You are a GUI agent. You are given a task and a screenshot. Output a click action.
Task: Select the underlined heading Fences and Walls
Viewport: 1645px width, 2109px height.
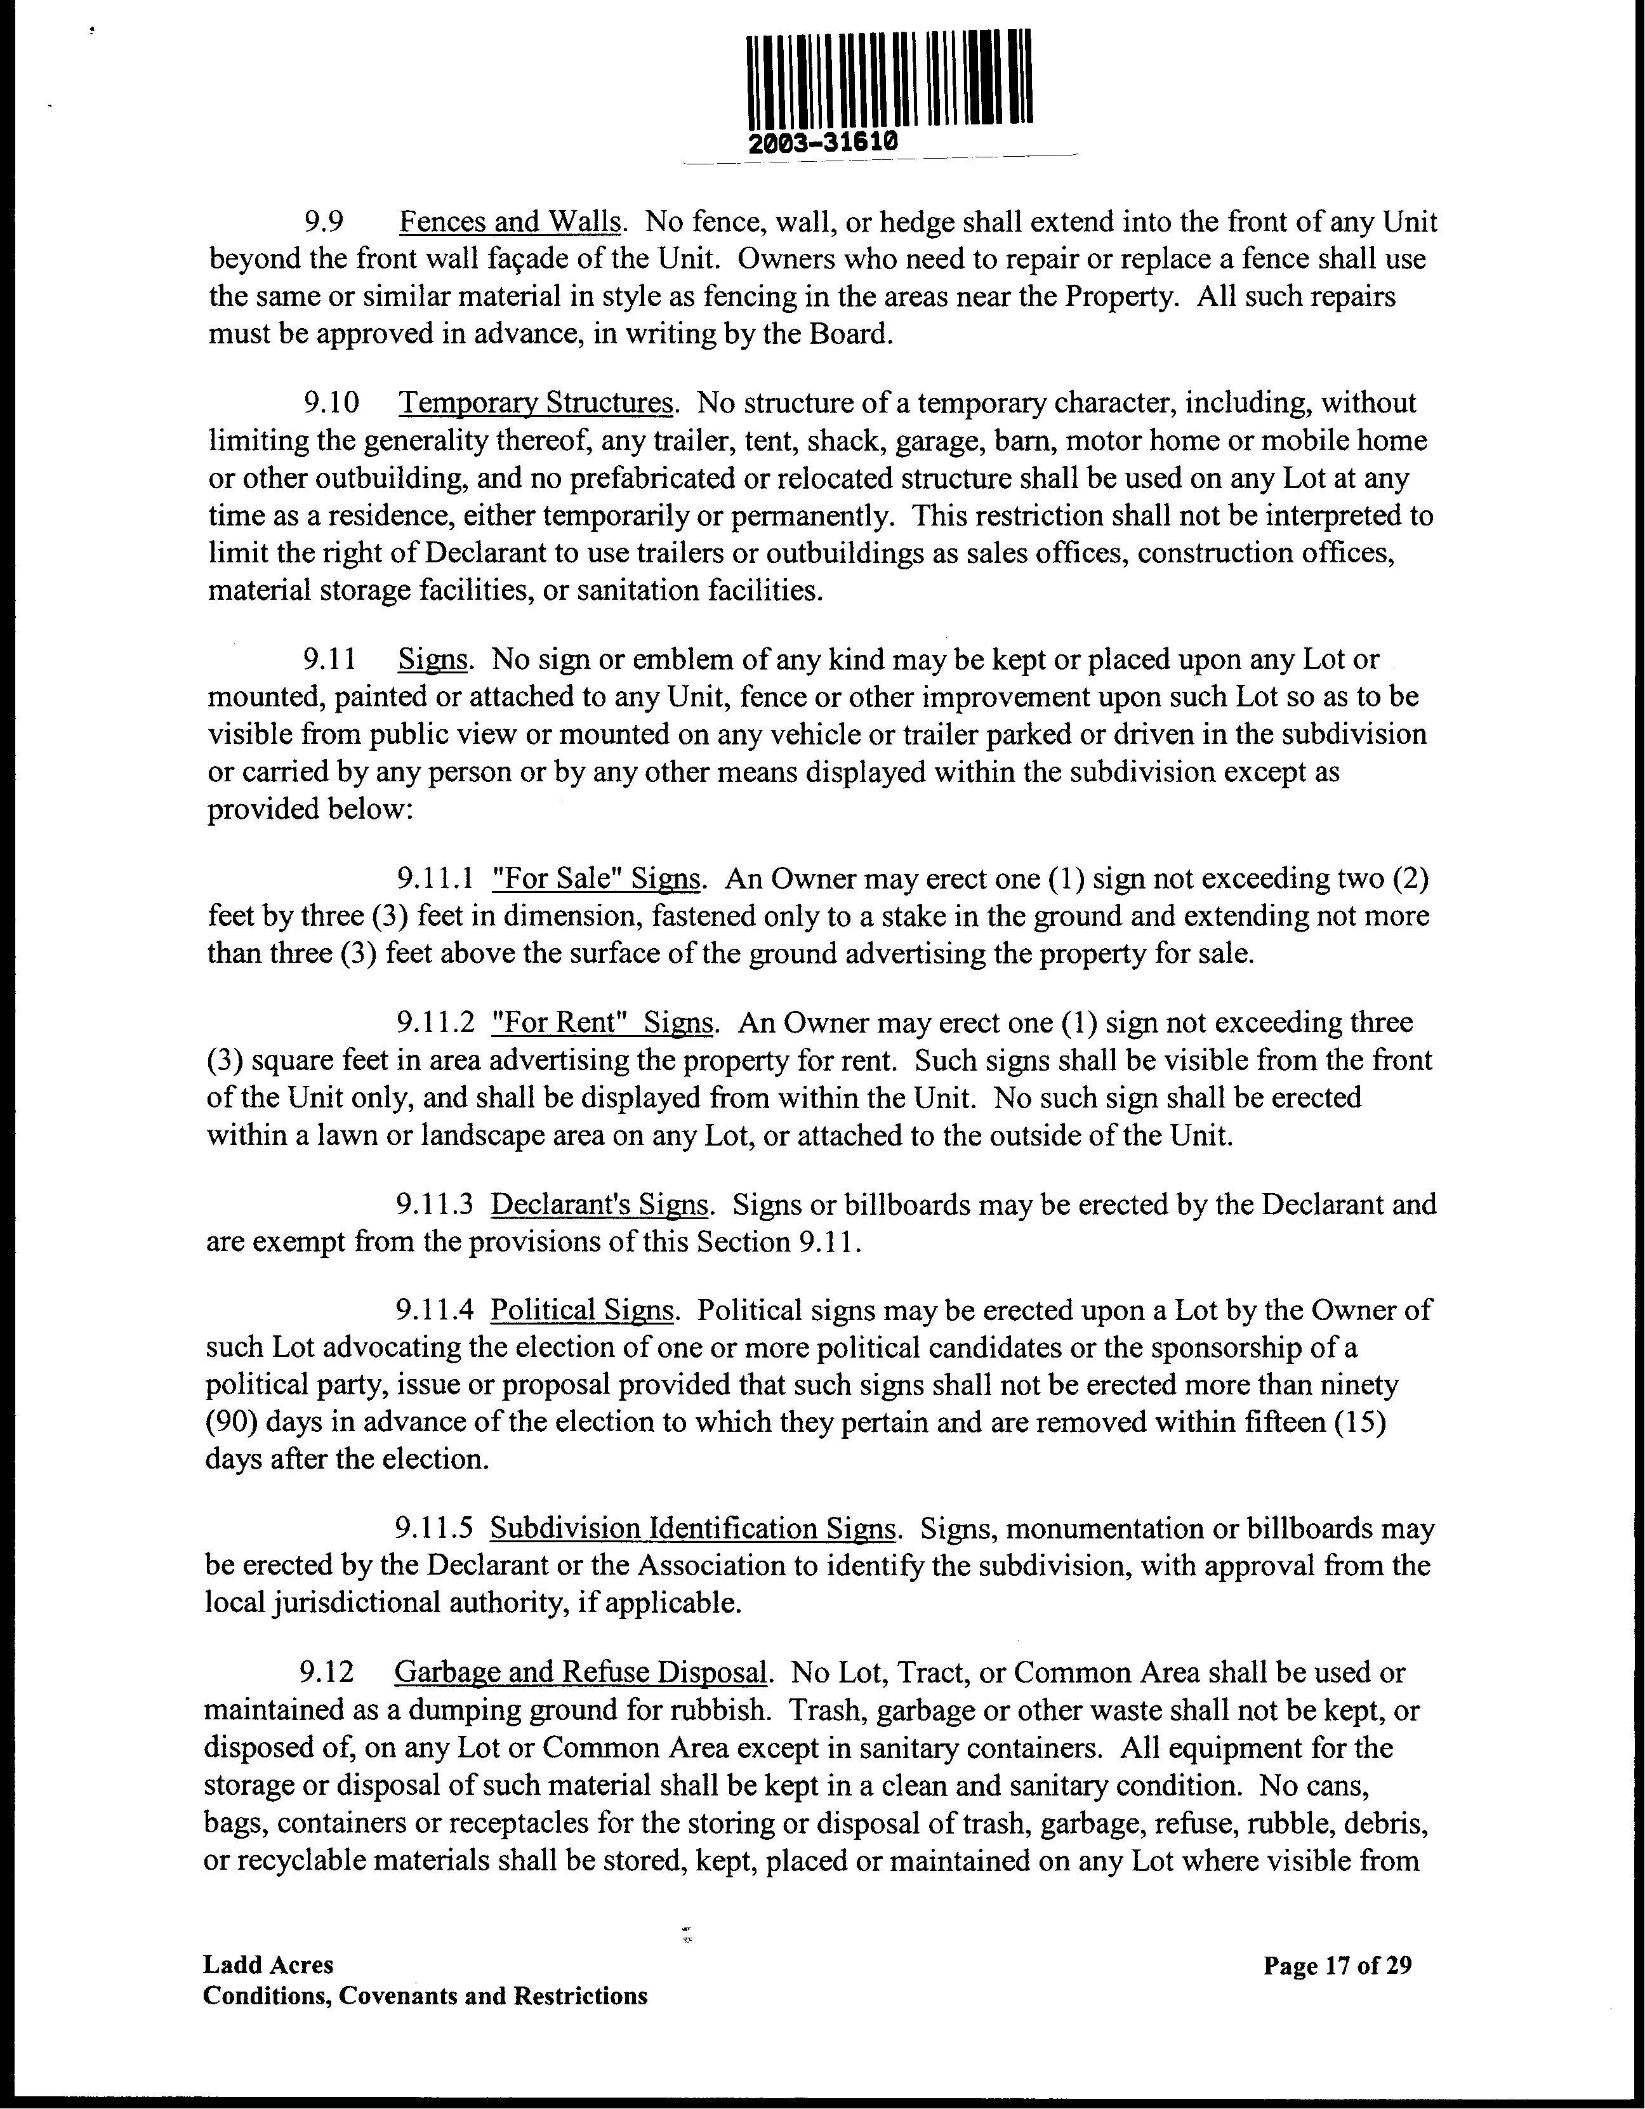click(509, 222)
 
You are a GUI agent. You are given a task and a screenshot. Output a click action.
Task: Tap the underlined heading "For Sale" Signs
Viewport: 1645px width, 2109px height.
click(596, 879)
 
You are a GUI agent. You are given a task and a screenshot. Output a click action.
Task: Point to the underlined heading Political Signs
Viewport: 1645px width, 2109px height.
click(582, 1311)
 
